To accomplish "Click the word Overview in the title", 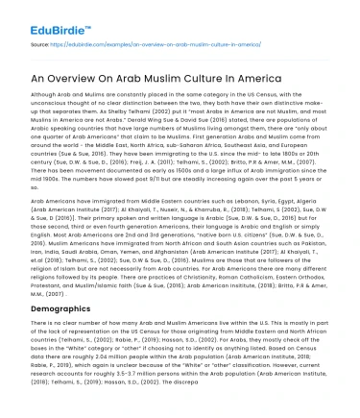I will click(x=87, y=77).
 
